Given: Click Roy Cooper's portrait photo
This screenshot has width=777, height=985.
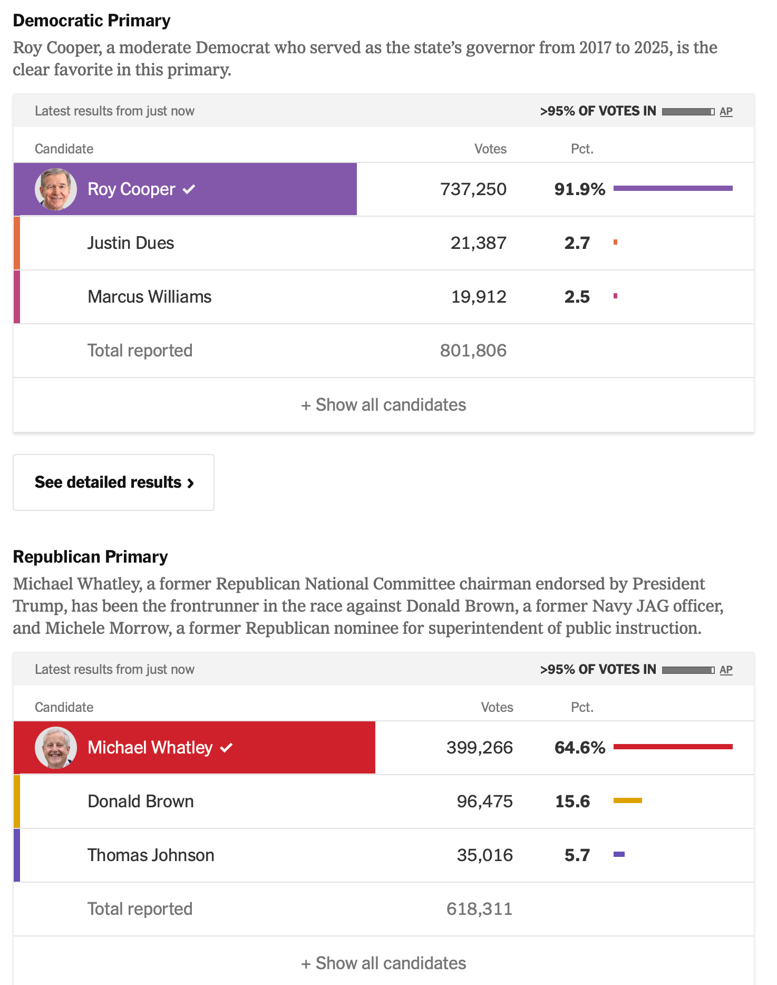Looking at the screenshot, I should click(x=56, y=189).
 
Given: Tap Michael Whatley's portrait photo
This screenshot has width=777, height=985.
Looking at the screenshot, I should click(x=56, y=748).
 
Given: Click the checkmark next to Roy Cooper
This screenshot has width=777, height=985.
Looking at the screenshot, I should click(x=189, y=189).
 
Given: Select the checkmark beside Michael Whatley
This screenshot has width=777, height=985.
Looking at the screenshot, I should click(x=227, y=748).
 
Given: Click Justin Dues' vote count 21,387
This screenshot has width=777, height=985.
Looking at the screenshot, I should click(x=478, y=243).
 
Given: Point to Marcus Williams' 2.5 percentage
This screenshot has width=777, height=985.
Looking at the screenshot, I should click(x=577, y=297).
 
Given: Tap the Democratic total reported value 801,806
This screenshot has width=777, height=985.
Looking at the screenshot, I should click(x=473, y=351).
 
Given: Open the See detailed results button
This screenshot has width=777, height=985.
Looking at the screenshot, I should click(x=114, y=482).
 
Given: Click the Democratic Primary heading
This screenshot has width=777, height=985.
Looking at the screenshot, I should click(x=92, y=21).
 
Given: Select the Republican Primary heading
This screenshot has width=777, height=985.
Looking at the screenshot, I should click(x=90, y=557).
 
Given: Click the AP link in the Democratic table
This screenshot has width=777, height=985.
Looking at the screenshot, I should click(x=726, y=111).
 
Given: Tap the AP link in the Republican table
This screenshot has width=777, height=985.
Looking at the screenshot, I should click(x=726, y=670).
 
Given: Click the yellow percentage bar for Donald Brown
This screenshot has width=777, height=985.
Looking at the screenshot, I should click(x=627, y=800).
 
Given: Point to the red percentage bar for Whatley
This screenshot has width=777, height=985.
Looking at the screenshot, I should click(x=673, y=747).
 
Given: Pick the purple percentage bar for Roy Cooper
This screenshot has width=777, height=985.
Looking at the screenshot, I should click(x=673, y=188).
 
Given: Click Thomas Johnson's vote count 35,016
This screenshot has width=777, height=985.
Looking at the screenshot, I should click(x=484, y=855).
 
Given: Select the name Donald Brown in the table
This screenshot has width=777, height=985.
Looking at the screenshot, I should click(x=141, y=801).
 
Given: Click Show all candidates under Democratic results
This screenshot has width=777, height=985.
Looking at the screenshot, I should click(x=384, y=405).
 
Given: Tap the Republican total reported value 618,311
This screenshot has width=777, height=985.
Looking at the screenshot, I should click(x=479, y=909).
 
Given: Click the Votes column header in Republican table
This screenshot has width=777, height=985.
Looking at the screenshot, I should click(x=497, y=707).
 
